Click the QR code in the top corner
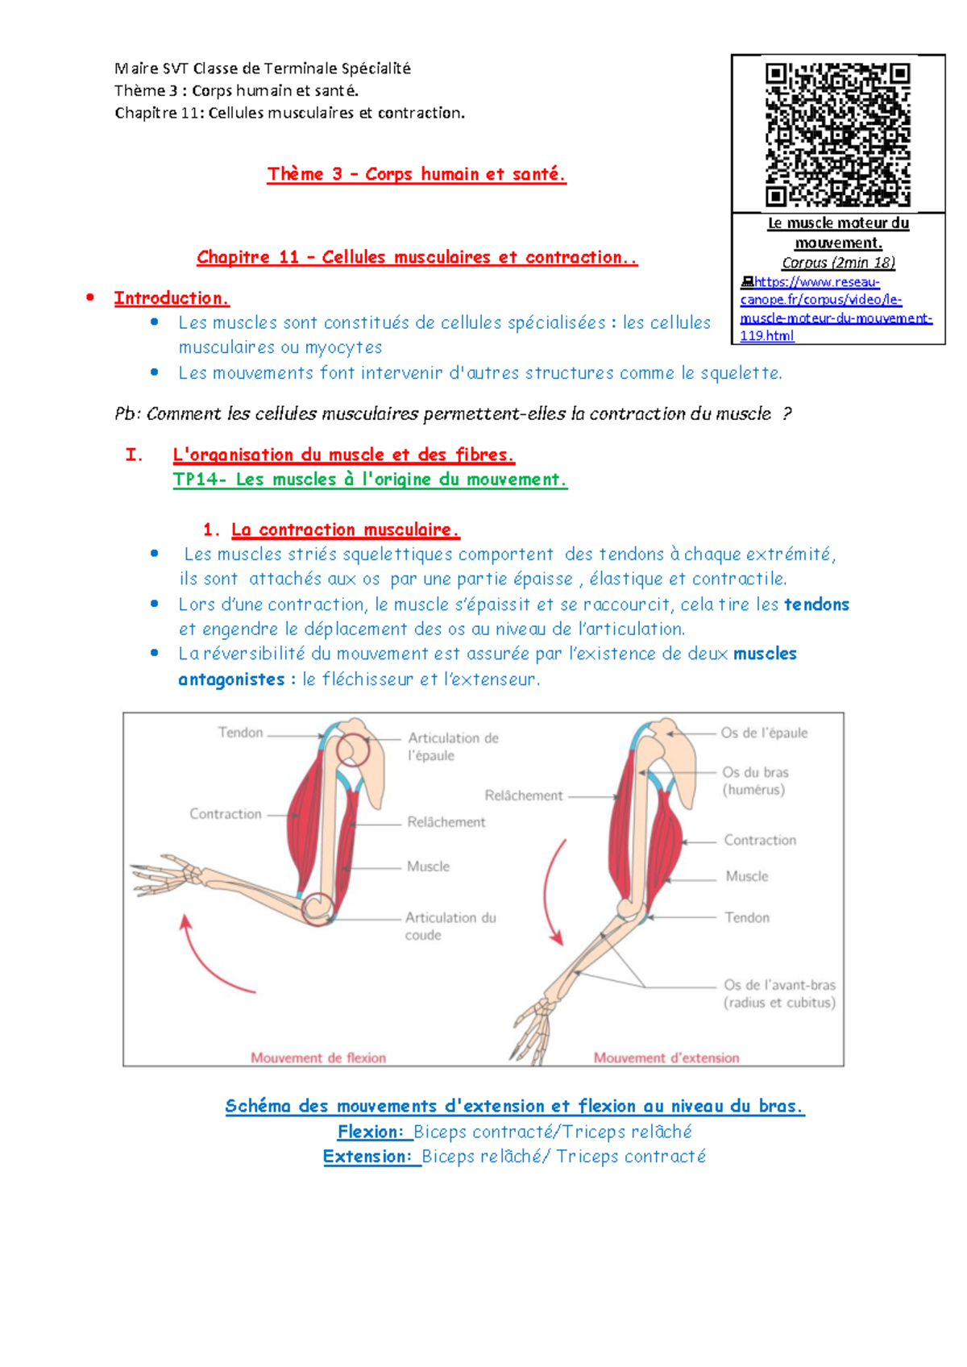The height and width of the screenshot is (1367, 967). point(837,135)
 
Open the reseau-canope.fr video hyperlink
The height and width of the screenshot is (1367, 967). point(836,309)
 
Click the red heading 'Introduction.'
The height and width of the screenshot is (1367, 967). point(172,298)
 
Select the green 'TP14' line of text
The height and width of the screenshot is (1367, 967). point(370,480)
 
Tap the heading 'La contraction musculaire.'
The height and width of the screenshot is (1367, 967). point(346,530)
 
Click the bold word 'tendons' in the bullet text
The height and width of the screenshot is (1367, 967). point(816,605)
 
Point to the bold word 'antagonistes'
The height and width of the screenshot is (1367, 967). point(231,679)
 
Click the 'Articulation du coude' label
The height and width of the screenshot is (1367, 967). point(450,926)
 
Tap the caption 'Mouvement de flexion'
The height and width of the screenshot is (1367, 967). point(318,1057)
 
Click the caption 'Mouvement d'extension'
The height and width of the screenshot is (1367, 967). point(666,1057)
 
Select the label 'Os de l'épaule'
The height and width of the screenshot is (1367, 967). point(764,733)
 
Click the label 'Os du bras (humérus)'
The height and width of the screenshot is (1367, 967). point(755,781)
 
